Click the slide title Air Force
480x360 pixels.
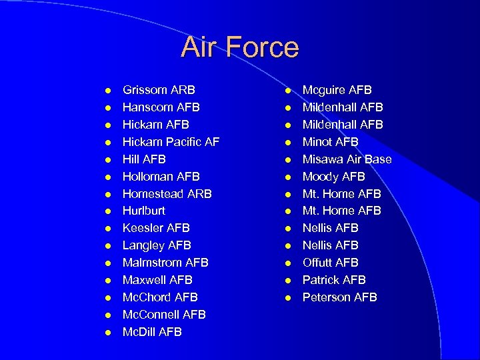click(x=240, y=47)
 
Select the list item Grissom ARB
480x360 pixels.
click(x=159, y=90)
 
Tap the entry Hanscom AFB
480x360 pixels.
click(x=161, y=107)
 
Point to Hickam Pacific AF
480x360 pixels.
click(x=171, y=142)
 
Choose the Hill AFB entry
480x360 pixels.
click(x=144, y=159)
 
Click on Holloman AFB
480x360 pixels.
click(x=161, y=177)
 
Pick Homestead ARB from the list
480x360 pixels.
click(x=167, y=194)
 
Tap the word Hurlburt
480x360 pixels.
click(x=145, y=211)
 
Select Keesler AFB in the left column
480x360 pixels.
click(x=156, y=228)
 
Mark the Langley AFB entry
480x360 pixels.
click(x=157, y=245)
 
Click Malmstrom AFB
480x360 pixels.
click(x=165, y=263)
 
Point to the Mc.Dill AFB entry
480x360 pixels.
click(x=152, y=332)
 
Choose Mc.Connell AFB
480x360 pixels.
click(x=164, y=315)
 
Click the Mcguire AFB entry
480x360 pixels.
click(x=337, y=90)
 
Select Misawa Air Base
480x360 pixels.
click(x=347, y=159)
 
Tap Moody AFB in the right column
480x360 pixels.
click(x=333, y=177)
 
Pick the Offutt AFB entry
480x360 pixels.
click(x=330, y=263)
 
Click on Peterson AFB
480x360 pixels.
click(x=339, y=297)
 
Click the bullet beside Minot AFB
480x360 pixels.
click(x=287, y=142)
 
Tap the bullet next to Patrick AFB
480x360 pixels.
click(x=287, y=280)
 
